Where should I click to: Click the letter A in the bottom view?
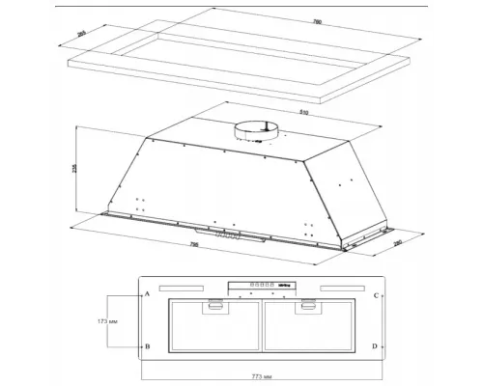coord(147,292)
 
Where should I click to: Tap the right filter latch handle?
coord(308,307)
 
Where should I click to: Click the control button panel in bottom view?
coord(260,285)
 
